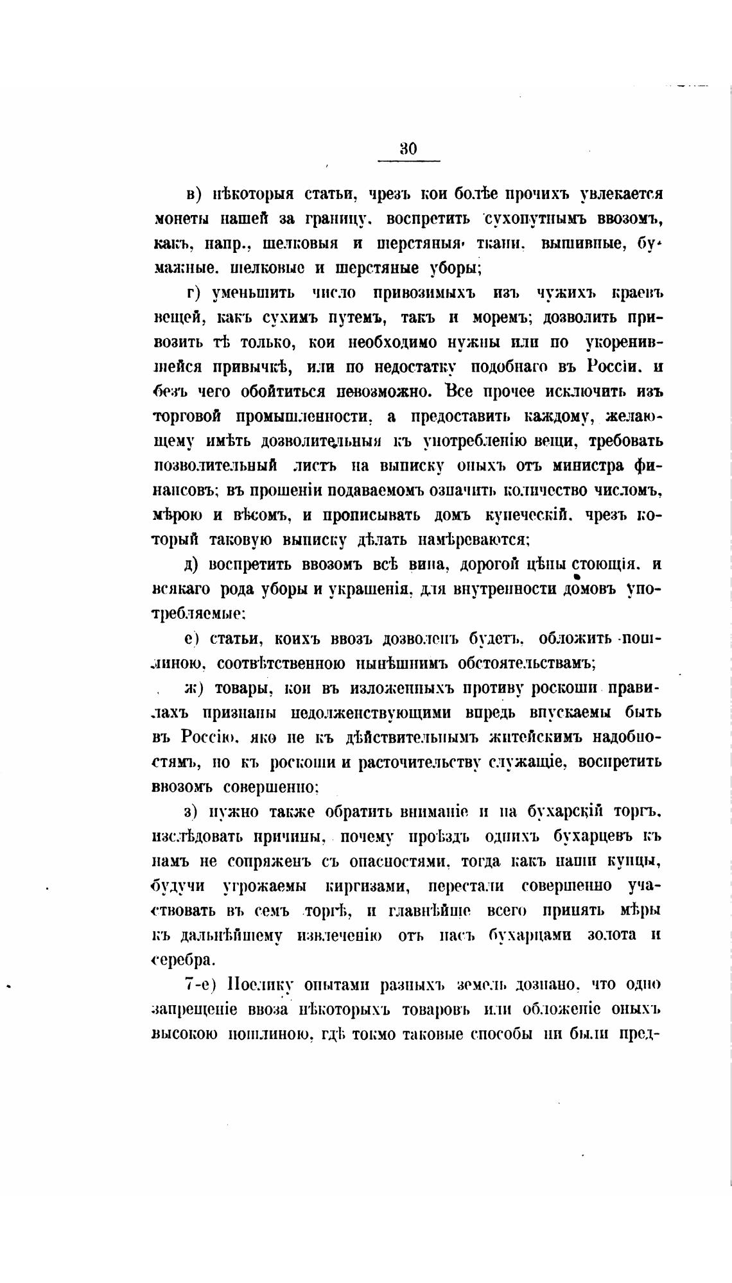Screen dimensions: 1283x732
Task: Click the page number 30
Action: click(x=408, y=149)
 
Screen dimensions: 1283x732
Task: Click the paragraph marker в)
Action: click(x=193, y=194)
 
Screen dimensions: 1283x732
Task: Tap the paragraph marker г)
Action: click(x=195, y=293)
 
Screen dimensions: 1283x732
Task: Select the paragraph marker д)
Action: click(x=194, y=565)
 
